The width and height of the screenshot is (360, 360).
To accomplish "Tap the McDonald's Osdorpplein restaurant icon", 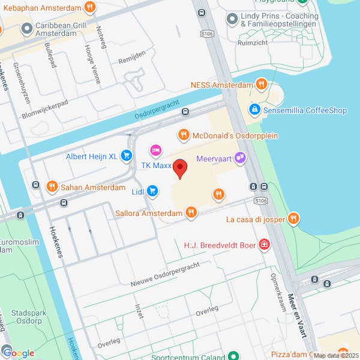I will pos(184,136).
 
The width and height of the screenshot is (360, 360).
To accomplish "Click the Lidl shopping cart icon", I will pos(153,191).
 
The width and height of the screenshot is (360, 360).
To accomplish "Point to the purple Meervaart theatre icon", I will pos(240,158).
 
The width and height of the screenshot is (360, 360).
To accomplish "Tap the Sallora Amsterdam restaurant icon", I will pos(191,212).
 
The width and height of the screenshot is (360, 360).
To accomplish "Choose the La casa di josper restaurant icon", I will pos(293,219).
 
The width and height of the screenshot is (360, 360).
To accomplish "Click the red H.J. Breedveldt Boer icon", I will pos(263,245).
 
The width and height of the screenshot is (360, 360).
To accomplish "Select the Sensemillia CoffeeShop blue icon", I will pos(254,110).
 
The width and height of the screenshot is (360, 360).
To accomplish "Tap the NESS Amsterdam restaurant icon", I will pos(260,85).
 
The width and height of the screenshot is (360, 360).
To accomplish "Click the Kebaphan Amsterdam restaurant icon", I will pos(89,7).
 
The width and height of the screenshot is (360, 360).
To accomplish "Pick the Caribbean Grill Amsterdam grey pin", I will pos(26,28).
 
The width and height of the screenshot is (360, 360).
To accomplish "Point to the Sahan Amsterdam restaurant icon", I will pos(52,187).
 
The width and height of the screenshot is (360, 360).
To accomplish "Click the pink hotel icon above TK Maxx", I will pos(156,149).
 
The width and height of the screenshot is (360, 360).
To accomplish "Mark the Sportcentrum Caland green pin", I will pos(232,356).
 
